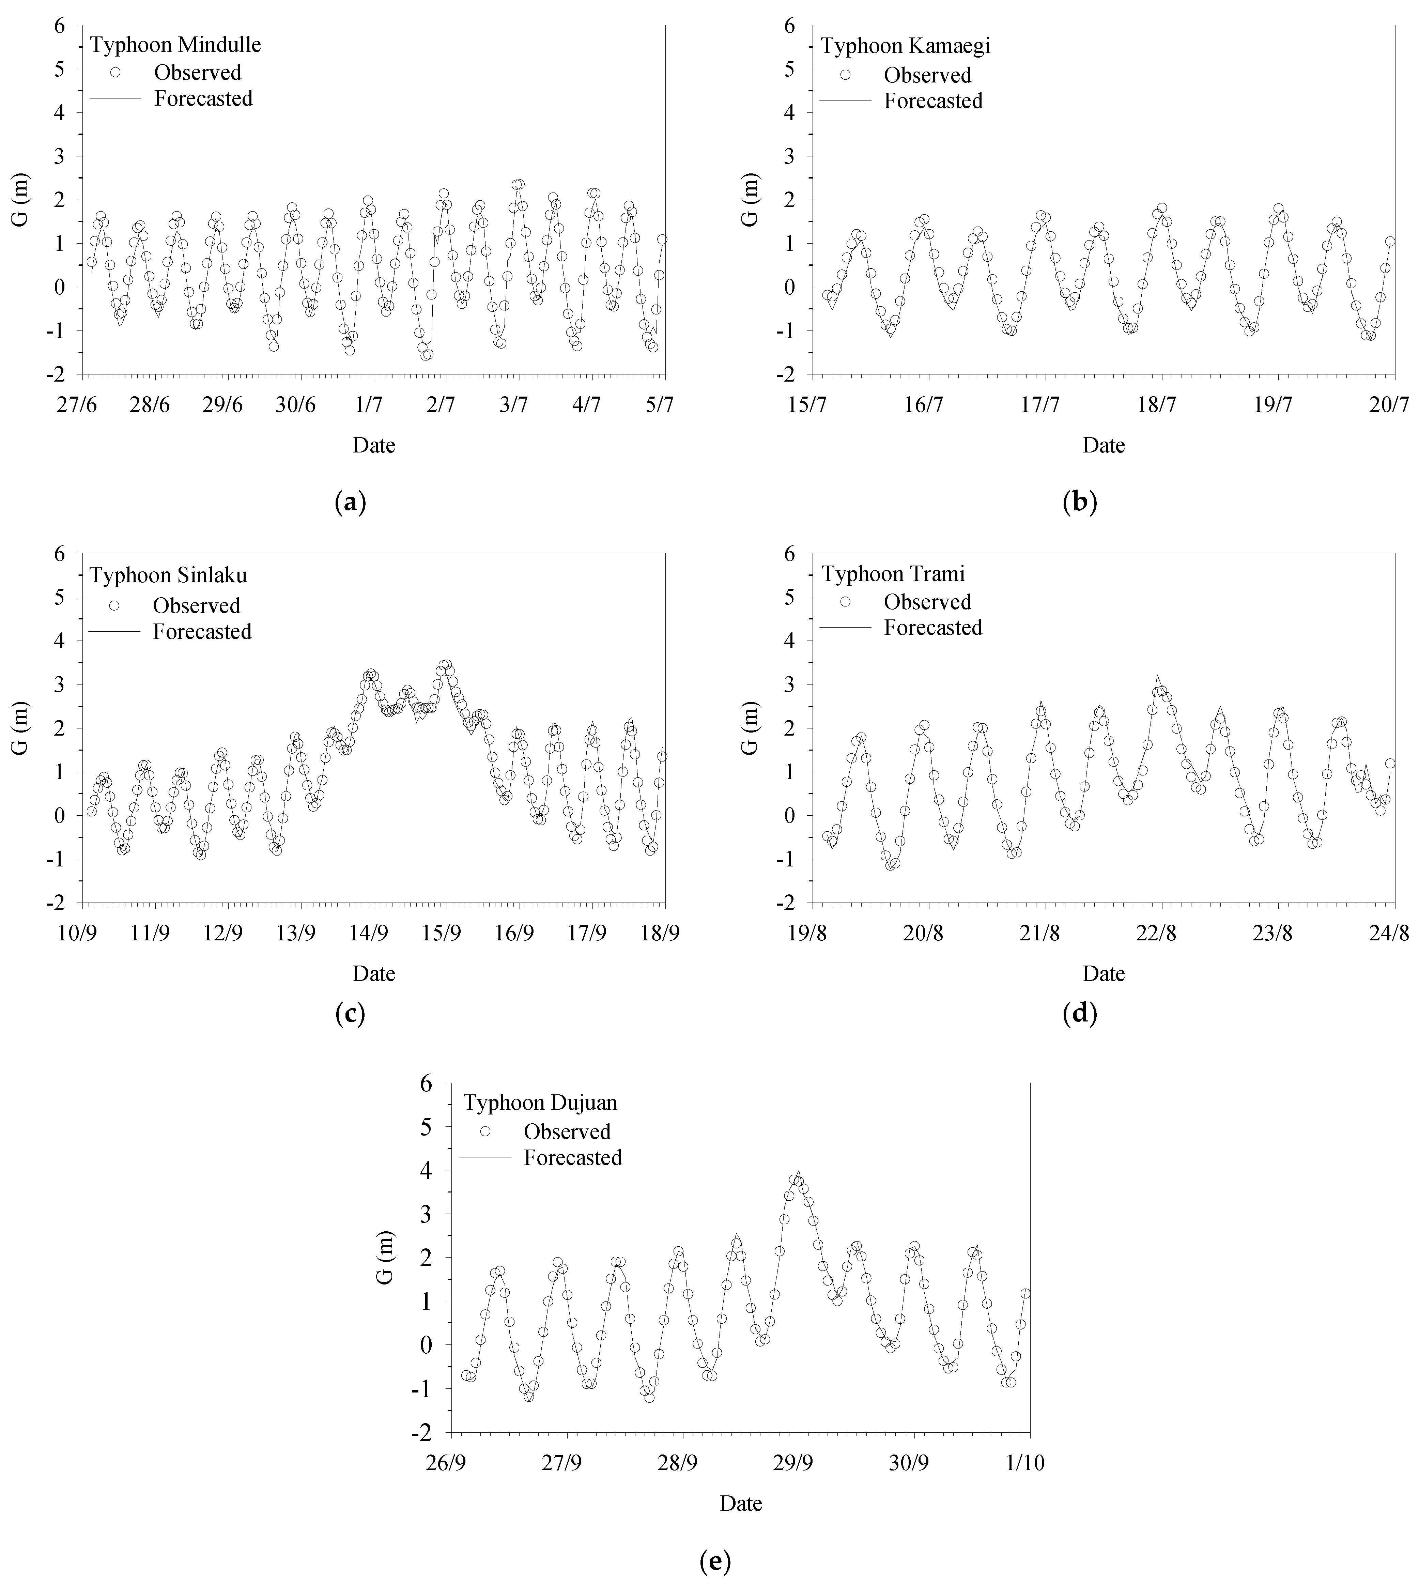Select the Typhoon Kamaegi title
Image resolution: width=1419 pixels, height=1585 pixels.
coord(905,46)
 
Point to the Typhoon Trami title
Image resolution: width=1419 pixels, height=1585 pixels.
coord(894,574)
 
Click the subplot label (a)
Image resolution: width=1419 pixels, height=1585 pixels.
coord(349,502)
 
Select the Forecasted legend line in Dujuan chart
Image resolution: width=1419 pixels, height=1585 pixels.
coord(485,1158)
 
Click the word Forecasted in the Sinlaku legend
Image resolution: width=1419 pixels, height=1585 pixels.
coord(202,631)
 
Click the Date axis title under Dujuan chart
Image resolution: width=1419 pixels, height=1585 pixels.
coord(741,1503)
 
